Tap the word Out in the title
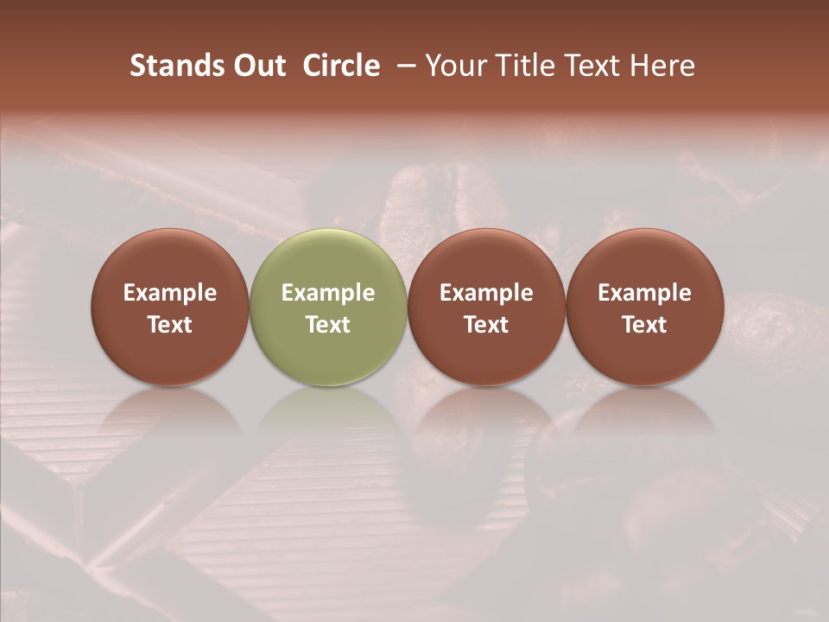(x=257, y=66)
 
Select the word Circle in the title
(x=341, y=66)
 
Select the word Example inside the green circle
(x=328, y=293)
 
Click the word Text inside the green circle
(x=328, y=325)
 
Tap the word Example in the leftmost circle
(x=170, y=293)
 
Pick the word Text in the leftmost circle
(x=170, y=325)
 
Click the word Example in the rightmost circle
(x=644, y=293)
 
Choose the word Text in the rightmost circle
(x=644, y=325)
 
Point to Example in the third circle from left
(x=486, y=293)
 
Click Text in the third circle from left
(x=486, y=325)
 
